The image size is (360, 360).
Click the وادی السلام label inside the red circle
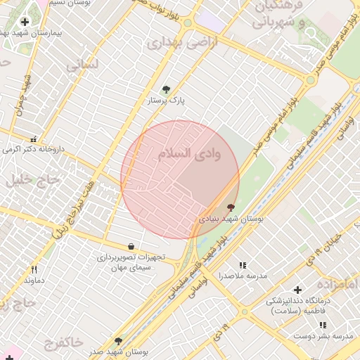click(x=188, y=155)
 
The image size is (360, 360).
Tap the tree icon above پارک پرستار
click(x=166, y=89)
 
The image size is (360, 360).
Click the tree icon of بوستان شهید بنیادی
click(x=231, y=207)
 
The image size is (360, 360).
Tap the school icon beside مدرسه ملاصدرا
click(x=243, y=265)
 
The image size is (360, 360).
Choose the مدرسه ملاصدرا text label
click(x=243, y=276)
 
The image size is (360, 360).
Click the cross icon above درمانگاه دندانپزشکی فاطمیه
click(x=297, y=290)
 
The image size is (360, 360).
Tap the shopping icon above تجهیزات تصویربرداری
click(x=131, y=246)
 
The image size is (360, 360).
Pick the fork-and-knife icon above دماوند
click(x=34, y=269)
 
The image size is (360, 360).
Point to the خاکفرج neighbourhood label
click(x=63, y=343)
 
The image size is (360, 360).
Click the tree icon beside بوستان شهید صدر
click(x=117, y=341)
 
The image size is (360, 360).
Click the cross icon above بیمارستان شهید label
click(x=25, y=22)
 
